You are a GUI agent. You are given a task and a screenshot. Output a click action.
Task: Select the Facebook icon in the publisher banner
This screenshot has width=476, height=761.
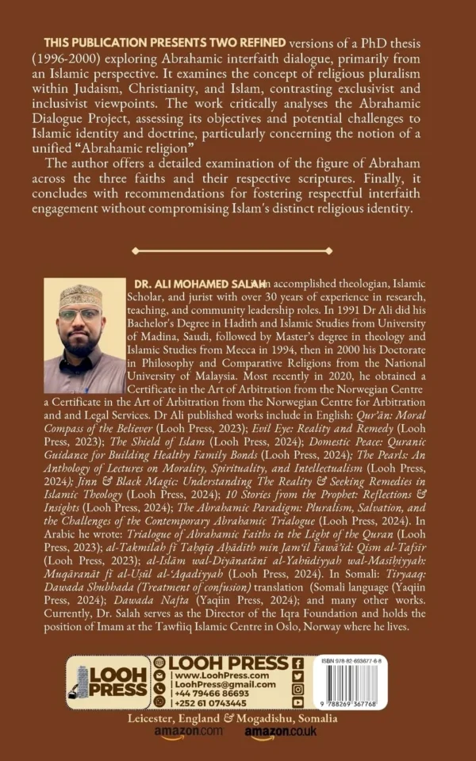coord(297,663)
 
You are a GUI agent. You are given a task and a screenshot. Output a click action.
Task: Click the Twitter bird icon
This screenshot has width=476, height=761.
coord(297,676)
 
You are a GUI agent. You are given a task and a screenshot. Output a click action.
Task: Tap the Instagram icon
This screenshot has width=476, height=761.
coord(297,689)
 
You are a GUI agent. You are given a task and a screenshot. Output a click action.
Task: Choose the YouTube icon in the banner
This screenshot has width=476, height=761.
coord(297,702)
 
